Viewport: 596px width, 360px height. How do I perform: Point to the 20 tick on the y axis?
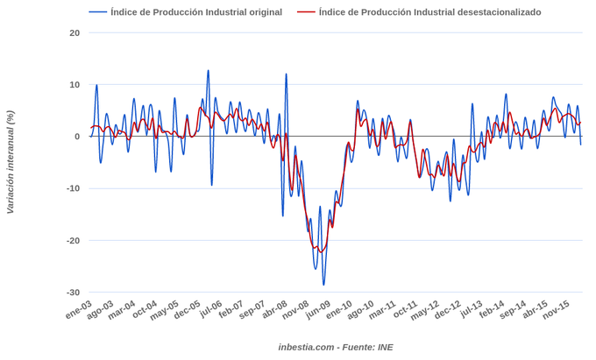click(x=74, y=33)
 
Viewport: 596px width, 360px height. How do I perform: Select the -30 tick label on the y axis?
click(x=73, y=293)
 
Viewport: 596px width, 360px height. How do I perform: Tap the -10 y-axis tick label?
click(x=73, y=188)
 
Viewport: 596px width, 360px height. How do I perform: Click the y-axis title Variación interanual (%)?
click(x=11, y=162)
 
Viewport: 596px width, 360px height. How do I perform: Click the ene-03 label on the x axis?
click(x=78, y=310)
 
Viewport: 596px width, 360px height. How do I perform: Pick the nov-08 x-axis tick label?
click(x=294, y=312)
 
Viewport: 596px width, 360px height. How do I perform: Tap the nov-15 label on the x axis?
click(x=556, y=311)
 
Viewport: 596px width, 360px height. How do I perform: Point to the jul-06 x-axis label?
click(x=210, y=310)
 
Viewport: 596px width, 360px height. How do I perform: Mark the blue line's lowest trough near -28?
click(x=323, y=285)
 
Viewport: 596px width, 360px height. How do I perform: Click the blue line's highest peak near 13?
click(x=208, y=71)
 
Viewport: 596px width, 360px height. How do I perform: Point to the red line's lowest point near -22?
click(x=321, y=252)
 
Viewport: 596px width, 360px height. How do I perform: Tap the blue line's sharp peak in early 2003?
click(x=96, y=85)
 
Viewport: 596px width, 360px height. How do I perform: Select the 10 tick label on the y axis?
click(x=74, y=85)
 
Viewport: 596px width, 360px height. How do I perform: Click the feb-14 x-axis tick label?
click(x=491, y=311)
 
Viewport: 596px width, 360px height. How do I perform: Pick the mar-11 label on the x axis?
click(x=382, y=311)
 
